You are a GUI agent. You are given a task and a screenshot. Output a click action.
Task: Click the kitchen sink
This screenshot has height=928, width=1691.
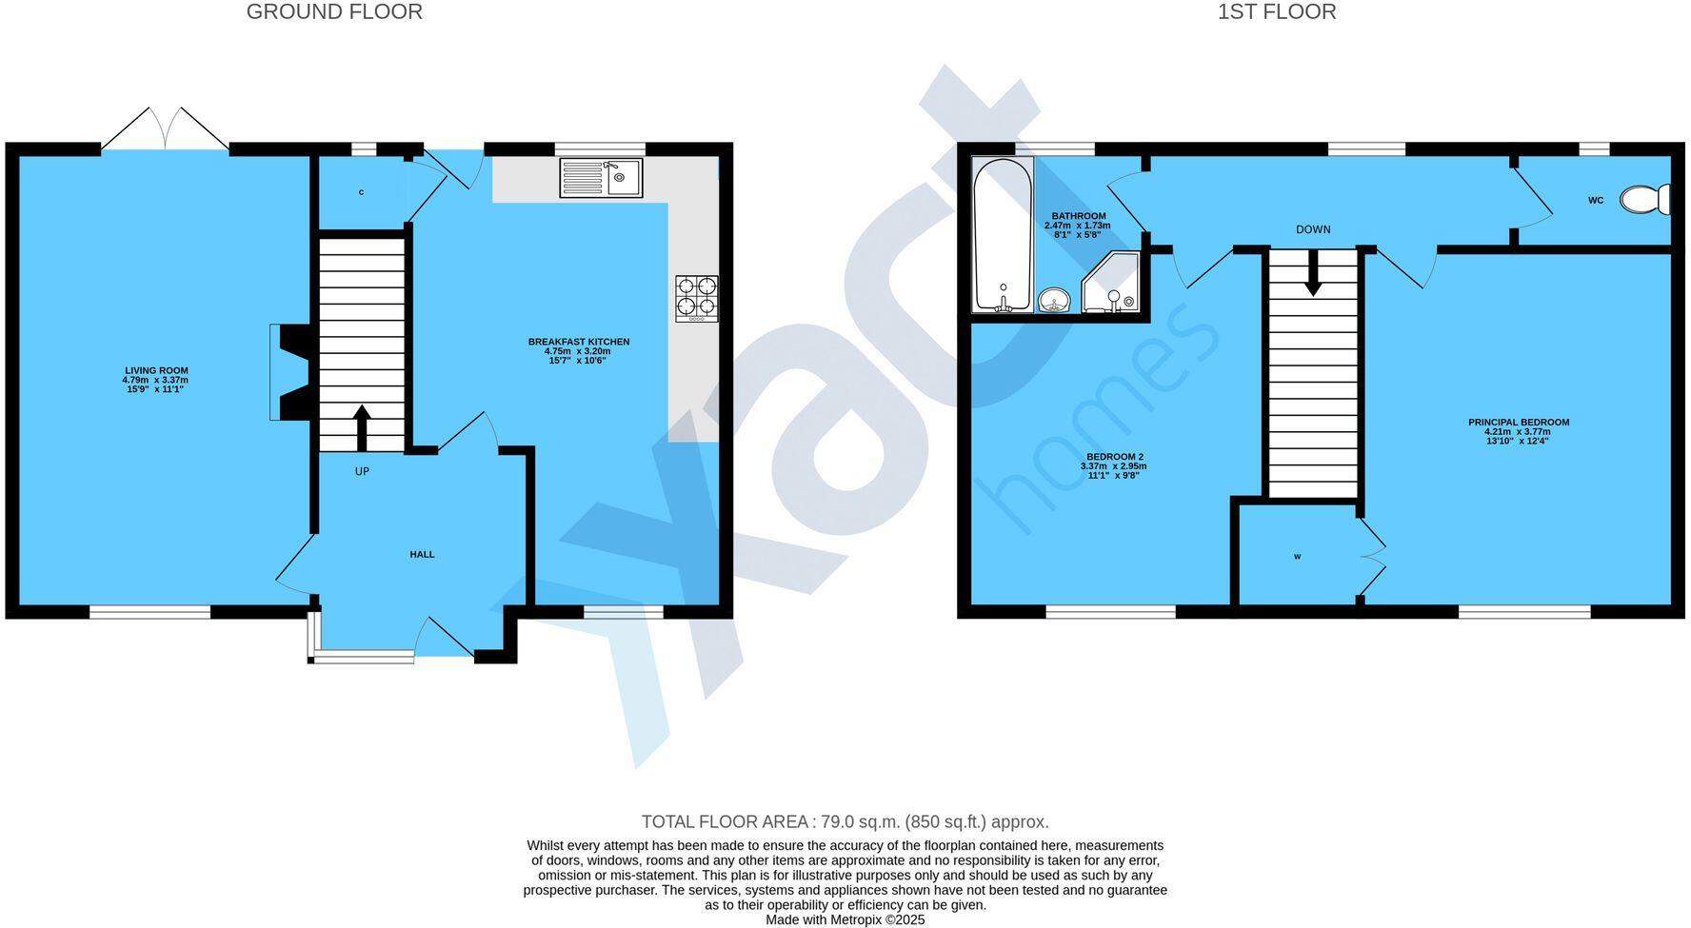602,178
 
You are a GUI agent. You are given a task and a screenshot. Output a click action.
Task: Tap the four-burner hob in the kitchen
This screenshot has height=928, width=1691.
697,298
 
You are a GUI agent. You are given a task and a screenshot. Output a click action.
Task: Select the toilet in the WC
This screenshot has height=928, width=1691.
1645,200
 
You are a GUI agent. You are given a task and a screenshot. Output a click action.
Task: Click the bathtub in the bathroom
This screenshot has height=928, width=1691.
1003,235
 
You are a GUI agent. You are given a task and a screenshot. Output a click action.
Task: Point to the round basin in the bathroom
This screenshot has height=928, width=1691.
1054,301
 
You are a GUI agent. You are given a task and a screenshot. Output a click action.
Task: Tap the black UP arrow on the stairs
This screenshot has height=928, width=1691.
362,427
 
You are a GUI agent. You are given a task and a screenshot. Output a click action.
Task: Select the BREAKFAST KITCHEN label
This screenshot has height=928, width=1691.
579,342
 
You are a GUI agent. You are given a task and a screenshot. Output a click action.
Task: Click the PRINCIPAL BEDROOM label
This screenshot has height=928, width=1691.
1519,423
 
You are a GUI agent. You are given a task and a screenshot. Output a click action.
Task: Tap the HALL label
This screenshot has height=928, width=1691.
422,554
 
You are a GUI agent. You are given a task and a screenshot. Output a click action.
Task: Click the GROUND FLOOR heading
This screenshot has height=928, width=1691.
334,12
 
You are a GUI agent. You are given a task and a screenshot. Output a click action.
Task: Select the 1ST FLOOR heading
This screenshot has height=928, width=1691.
1277,12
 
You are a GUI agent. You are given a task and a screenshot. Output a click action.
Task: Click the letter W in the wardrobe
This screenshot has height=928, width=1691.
1297,557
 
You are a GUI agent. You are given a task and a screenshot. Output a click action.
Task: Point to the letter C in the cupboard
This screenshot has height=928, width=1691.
361,192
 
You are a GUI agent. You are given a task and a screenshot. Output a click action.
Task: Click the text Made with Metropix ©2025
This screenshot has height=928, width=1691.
845,920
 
